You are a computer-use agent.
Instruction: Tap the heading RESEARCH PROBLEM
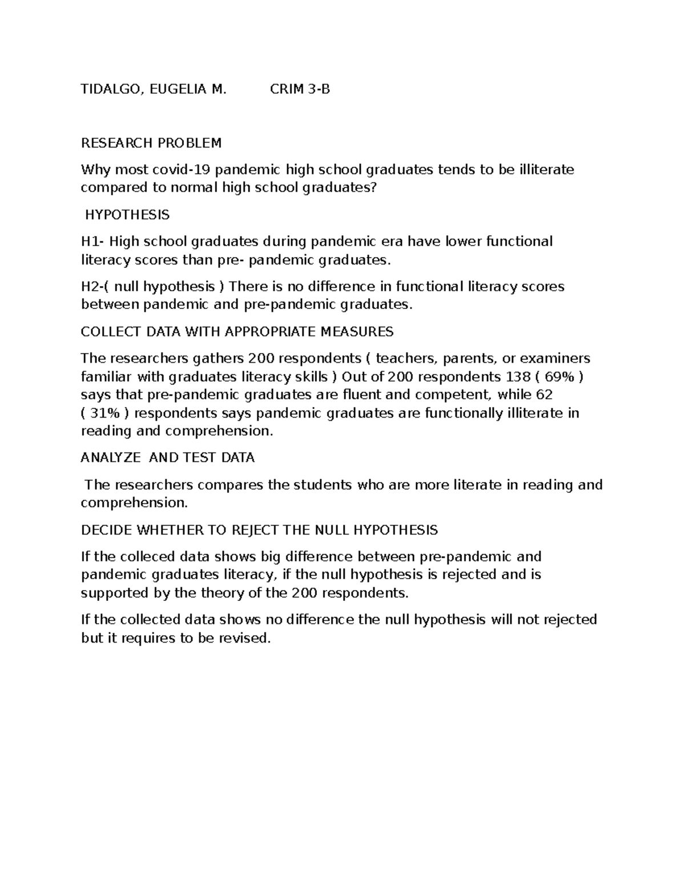pyautogui.click(x=151, y=142)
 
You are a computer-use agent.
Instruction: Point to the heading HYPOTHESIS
pyautogui.click(x=127, y=215)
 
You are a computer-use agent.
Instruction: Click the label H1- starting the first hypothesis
pyautogui.click(x=92, y=242)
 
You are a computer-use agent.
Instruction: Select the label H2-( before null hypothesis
pyautogui.click(x=95, y=286)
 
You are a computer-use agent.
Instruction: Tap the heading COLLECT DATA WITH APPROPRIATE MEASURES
pyautogui.click(x=237, y=332)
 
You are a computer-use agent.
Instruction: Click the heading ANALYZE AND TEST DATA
pyautogui.click(x=167, y=457)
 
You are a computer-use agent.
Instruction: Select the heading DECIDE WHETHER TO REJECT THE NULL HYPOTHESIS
pyautogui.click(x=259, y=530)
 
